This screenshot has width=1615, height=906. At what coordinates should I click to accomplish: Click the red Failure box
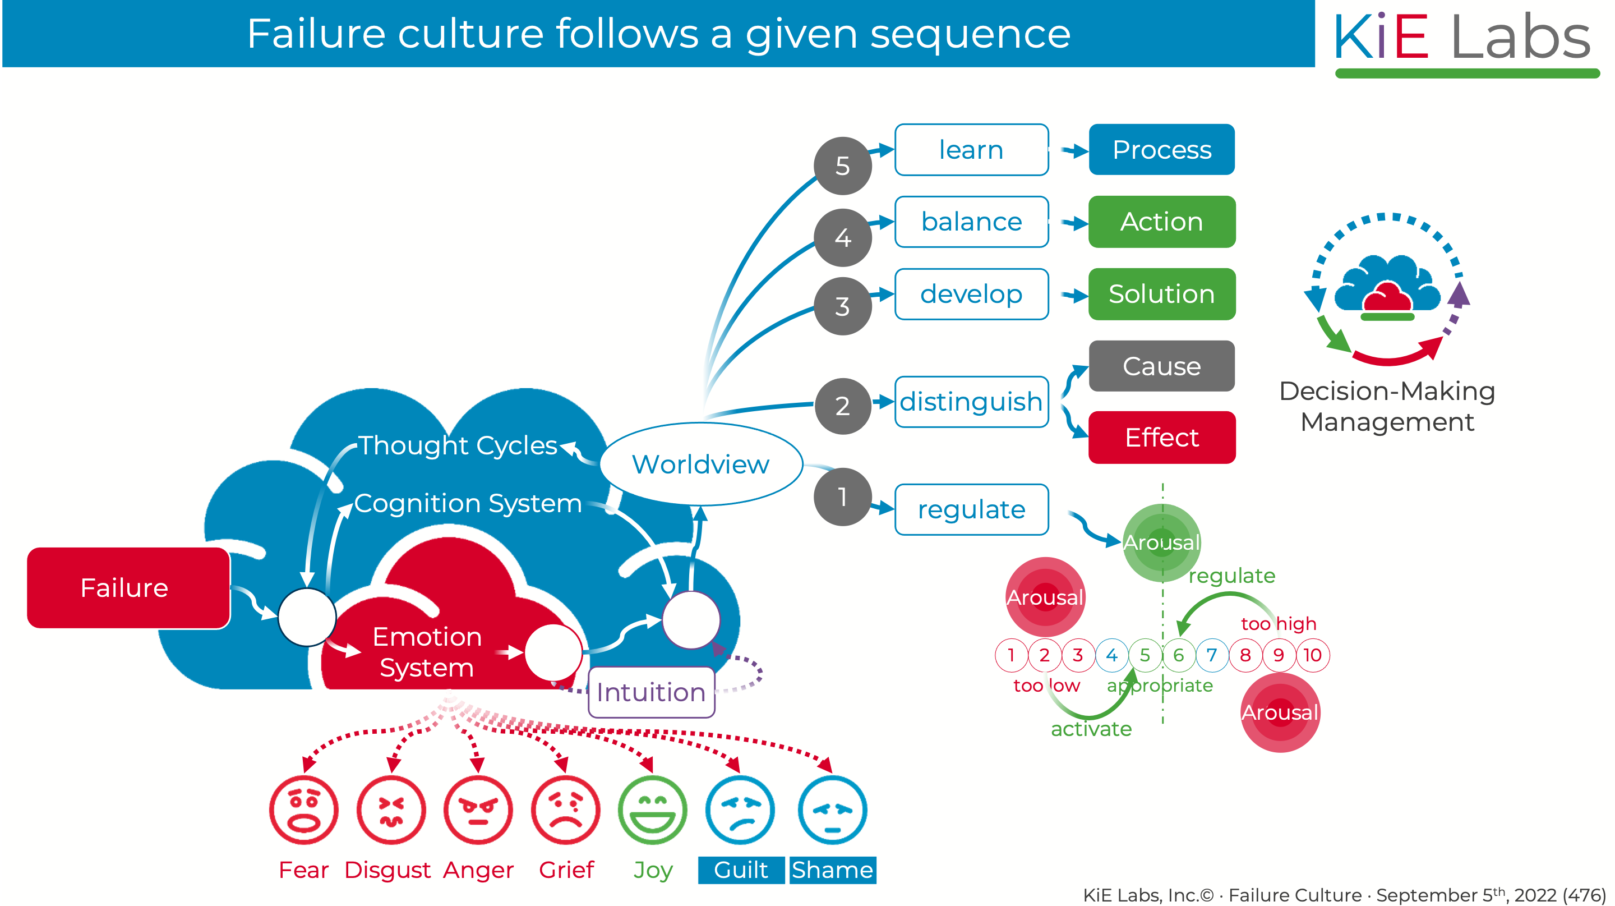click(x=128, y=587)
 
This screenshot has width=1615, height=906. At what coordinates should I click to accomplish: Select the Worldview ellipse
click(x=701, y=464)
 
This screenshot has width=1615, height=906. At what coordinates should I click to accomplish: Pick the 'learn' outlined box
click(x=971, y=150)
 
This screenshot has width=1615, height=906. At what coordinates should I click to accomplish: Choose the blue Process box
click(x=1162, y=150)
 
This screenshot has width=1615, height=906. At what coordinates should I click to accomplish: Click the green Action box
click(x=1162, y=222)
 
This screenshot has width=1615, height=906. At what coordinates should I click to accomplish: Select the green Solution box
click(x=1162, y=294)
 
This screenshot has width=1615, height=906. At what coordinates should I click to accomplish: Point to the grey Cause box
click(x=1162, y=366)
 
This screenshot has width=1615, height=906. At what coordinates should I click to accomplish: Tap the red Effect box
click(x=1162, y=437)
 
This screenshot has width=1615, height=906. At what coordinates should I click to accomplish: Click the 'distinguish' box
click(x=971, y=402)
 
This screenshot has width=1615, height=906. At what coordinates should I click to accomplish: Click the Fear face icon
click(x=304, y=810)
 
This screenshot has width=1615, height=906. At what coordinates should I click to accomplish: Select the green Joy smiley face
click(x=653, y=810)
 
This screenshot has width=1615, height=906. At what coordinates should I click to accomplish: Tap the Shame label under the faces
click(x=833, y=870)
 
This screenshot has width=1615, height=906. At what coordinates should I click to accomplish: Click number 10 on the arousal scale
click(x=1312, y=655)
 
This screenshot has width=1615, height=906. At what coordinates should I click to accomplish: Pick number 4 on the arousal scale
click(x=1111, y=655)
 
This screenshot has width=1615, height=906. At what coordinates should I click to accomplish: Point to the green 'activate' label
click(x=1091, y=729)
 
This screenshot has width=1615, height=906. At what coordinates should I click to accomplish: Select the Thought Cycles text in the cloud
click(x=458, y=445)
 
